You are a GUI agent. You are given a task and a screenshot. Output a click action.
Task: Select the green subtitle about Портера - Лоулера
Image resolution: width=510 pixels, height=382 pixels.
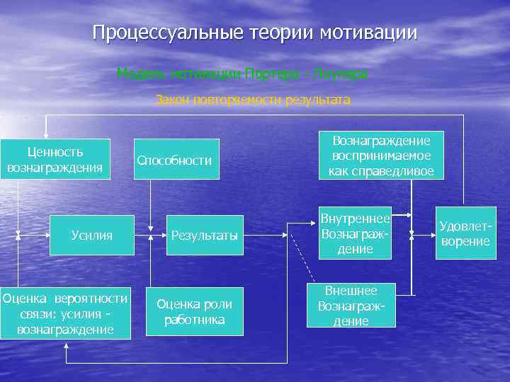[x=242, y=74]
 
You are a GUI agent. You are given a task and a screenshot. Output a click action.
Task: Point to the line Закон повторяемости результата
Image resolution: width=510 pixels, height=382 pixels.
[x=253, y=100]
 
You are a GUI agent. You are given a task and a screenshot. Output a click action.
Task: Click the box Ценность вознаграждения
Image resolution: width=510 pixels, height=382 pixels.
[x=55, y=159]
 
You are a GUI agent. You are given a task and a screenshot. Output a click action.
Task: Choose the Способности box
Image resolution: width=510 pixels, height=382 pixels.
[x=174, y=160]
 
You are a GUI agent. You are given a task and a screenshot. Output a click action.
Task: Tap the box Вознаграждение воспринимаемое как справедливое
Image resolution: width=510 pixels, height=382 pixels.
[x=381, y=155]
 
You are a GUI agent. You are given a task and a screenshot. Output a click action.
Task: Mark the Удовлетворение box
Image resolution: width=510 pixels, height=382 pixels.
[x=465, y=233]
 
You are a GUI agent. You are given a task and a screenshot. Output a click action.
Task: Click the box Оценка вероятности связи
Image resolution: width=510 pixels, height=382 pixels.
[x=65, y=313]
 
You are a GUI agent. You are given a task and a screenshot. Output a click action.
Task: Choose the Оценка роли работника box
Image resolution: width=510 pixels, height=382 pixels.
[x=194, y=312]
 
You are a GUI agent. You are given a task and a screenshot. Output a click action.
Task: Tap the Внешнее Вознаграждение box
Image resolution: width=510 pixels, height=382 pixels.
[x=351, y=306]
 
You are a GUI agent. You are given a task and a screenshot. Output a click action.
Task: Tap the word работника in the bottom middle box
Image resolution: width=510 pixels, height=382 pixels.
[x=194, y=320]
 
